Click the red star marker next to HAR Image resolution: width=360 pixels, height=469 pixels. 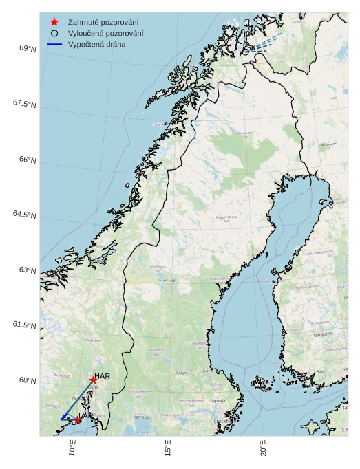pyautogui.click(x=93, y=380)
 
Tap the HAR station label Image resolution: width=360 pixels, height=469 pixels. pyautogui.click(x=103, y=376)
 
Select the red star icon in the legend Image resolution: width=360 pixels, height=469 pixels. pyautogui.click(x=54, y=23)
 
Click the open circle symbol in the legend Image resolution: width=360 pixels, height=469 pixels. pyautogui.click(x=54, y=33)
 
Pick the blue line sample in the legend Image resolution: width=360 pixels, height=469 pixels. pyautogui.click(x=54, y=44)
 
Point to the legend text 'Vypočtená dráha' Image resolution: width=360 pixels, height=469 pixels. pyautogui.click(x=96, y=44)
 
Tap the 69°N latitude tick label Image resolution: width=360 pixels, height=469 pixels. pyautogui.click(x=28, y=48)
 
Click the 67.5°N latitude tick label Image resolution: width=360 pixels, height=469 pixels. pyautogui.click(x=24, y=104)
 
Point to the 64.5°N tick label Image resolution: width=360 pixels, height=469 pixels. pyautogui.click(x=24, y=215)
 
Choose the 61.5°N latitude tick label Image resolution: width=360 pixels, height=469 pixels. pyautogui.click(x=24, y=325)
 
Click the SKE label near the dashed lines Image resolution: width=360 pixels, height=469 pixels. pyautogui.click(x=253, y=47)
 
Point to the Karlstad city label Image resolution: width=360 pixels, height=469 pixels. pyautogui.click(x=141, y=417)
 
